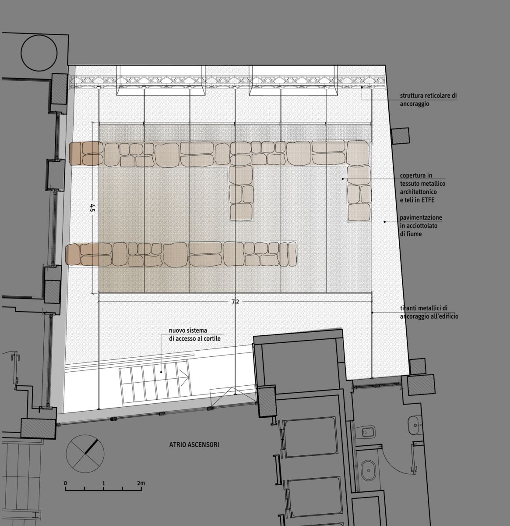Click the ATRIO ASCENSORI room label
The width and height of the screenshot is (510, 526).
pos(194,444)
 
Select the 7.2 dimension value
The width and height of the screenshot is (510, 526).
pos(235,302)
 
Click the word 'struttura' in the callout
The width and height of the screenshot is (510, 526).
pos(412,96)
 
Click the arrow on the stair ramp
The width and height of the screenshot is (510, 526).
pos(184,377)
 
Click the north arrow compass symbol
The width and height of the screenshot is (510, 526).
pos(85,454)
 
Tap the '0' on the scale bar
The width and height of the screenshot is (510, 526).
pos(65,483)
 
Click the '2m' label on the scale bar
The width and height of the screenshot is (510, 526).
pos(141,483)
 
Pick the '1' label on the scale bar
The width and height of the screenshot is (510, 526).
pos(103,483)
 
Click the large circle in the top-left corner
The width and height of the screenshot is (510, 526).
pos(39,34)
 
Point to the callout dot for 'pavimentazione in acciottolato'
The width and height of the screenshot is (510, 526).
pos(385,222)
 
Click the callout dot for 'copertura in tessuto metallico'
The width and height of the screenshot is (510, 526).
pos(343,179)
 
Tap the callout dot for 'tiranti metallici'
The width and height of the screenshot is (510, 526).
pos(372,313)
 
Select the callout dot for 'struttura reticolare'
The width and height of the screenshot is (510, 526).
pos(362,87)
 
